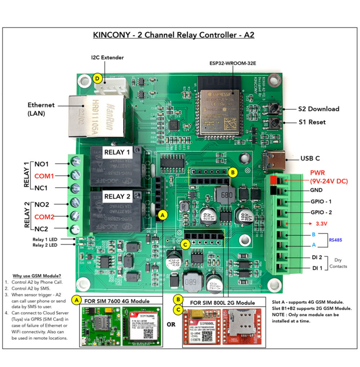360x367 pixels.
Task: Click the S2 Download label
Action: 319,109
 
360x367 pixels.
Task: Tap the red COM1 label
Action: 44,176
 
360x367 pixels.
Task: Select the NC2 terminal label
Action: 41,229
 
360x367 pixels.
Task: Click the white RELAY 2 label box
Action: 117,196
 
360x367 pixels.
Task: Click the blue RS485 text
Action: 336,240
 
